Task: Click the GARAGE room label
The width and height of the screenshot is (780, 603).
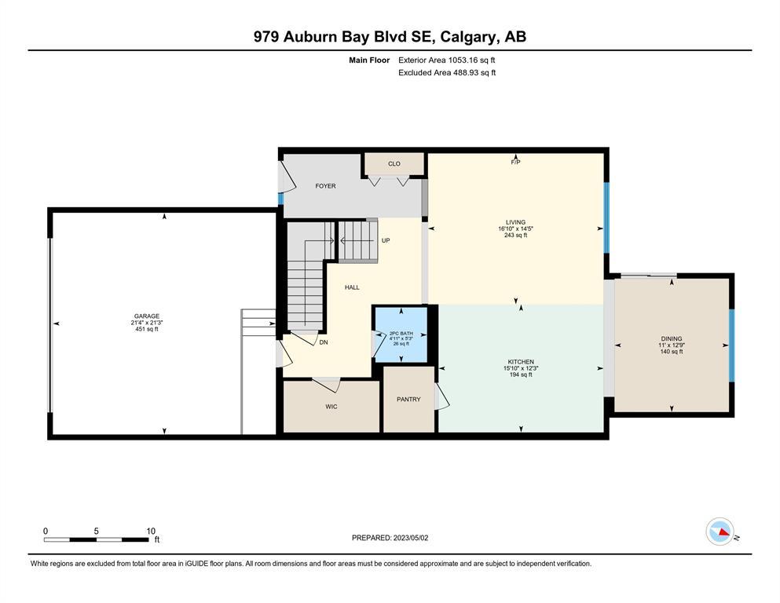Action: (147, 316)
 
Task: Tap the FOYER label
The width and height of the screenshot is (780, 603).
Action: (325, 186)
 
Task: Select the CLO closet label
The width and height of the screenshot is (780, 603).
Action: (394, 163)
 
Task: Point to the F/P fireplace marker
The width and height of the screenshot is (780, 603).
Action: (515, 162)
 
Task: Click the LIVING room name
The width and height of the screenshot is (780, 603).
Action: (515, 222)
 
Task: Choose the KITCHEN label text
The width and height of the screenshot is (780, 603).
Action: (521, 362)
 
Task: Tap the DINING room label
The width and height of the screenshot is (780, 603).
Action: (672, 338)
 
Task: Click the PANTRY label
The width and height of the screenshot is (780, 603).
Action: (408, 399)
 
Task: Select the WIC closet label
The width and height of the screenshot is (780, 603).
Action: (331, 407)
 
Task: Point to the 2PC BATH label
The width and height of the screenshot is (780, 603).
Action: (401, 334)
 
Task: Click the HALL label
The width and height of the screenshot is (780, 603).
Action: (352, 287)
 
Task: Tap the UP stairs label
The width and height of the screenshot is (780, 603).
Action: (386, 240)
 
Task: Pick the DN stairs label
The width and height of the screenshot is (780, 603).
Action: (324, 342)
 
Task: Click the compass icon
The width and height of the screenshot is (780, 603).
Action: (720, 532)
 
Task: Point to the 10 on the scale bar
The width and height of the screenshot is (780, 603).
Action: (151, 531)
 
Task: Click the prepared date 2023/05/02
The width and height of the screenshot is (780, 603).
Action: (411, 538)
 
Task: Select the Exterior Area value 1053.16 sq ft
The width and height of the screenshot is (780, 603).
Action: (471, 60)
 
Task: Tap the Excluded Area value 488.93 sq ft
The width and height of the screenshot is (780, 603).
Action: (474, 72)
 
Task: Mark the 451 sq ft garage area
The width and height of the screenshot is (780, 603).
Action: (147, 329)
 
